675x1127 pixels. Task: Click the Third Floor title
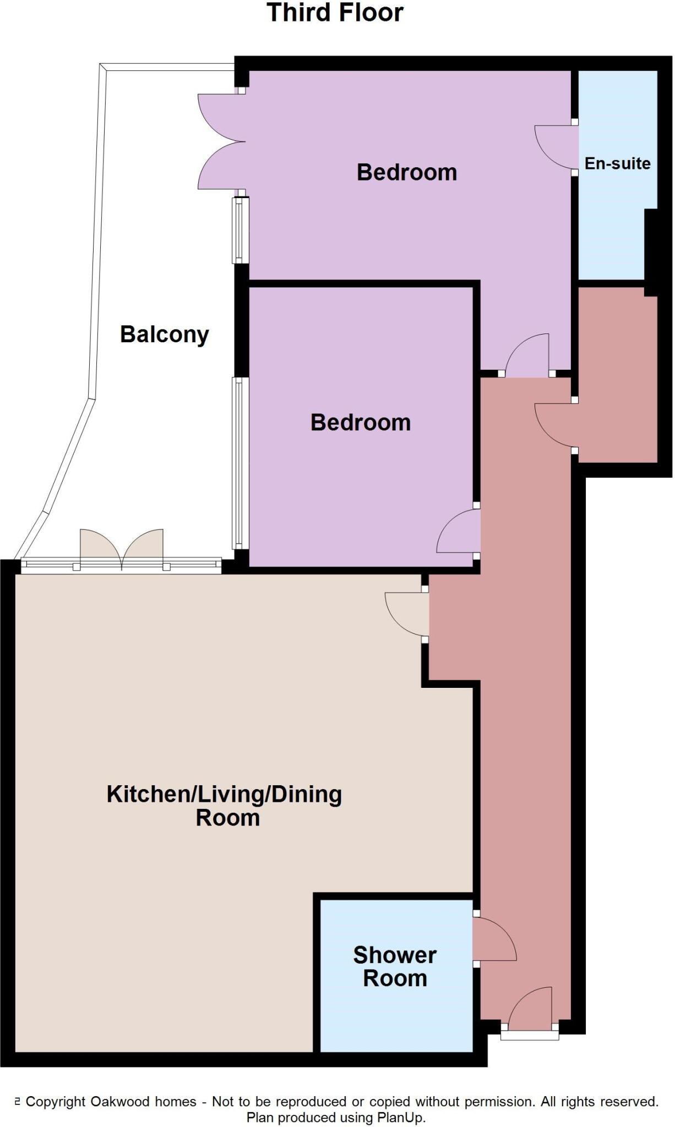point(335,13)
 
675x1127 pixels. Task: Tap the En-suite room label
point(617,163)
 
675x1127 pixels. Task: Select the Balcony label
point(164,335)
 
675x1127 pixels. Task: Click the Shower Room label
point(395,966)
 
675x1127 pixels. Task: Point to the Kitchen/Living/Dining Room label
point(225,806)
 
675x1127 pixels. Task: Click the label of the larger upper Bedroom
point(406,172)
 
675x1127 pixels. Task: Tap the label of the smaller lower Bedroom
point(360,423)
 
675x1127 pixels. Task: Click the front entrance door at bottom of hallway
point(530,1010)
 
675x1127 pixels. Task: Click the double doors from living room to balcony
point(122,548)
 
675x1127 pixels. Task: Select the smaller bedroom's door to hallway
point(458,532)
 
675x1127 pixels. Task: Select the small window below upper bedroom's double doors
point(238,230)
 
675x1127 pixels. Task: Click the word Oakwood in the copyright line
point(120,1102)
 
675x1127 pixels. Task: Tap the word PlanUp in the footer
point(400,1118)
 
